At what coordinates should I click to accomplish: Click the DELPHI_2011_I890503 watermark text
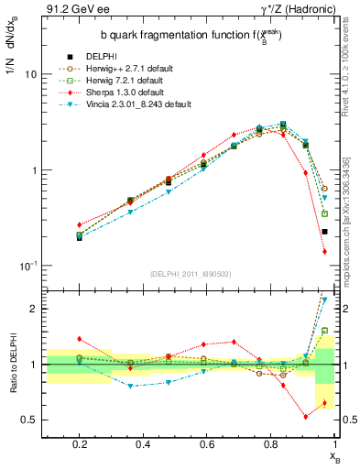pos(191,274)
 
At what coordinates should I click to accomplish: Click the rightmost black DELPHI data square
pos(324,232)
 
